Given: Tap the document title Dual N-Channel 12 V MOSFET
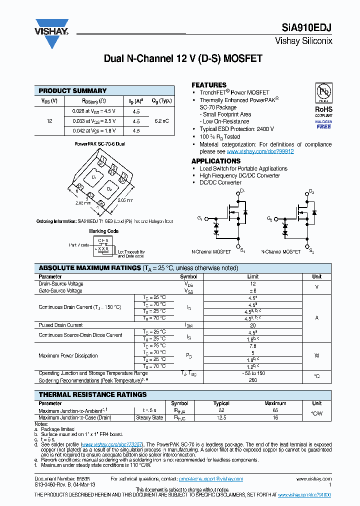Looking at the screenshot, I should click(x=183, y=58).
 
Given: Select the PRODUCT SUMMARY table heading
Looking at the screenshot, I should click(x=72, y=90).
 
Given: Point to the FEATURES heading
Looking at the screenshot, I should click(x=209, y=85).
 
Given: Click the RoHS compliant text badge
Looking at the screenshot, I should click(x=323, y=109).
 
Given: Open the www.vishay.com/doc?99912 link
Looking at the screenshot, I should click(x=260, y=151).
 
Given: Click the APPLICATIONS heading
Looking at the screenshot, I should click(x=216, y=161).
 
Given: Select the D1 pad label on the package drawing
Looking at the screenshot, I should click(x=93, y=177).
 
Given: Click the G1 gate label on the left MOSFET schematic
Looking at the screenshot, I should click(x=200, y=218).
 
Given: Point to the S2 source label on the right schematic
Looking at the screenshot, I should click(x=311, y=250).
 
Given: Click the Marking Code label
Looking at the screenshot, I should click(x=104, y=231).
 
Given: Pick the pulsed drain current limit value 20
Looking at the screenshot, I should click(x=253, y=325).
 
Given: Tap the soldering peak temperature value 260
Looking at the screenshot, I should click(x=253, y=380).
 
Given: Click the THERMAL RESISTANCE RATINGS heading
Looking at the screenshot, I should click(x=92, y=394).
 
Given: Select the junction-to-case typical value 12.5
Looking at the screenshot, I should click(x=221, y=417).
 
